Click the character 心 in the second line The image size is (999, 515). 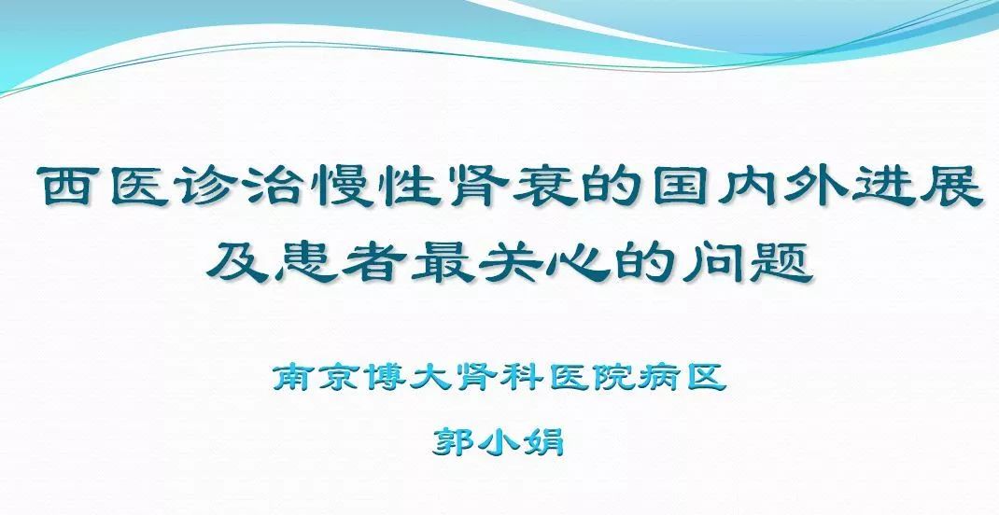click(x=579, y=262)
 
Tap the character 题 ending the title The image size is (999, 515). click(x=781, y=261)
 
